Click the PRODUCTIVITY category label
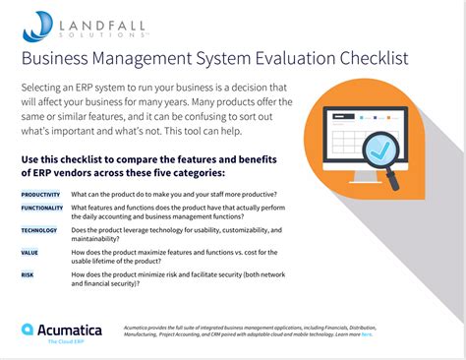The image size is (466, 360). pyautogui.click(x=40, y=194)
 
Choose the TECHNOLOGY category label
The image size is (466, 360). pyautogui.click(x=39, y=230)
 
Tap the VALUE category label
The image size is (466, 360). pyautogui.click(x=29, y=253)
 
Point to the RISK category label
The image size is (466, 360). pyautogui.click(x=27, y=275)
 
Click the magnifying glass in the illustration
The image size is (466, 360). pyautogui.click(x=379, y=156)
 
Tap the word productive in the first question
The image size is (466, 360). pyautogui.click(x=250, y=194)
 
